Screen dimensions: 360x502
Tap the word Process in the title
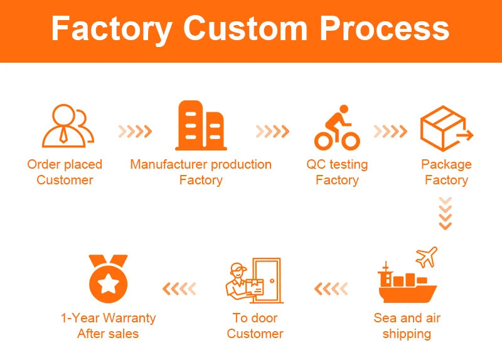click(385, 29)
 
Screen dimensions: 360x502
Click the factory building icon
click(201, 125)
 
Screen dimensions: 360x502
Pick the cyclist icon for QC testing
click(337, 128)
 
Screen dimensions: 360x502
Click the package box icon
click(444, 129)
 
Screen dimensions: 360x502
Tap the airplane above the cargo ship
click(426, 257)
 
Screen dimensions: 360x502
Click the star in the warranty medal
click(108, 283)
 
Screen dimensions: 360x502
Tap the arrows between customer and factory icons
click(135, 132)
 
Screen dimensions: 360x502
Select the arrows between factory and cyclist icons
click(272, 132)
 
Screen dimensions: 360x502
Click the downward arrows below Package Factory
click(445, 213)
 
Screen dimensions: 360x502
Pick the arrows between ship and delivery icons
click(331, 289)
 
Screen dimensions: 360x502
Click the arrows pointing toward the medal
click(179, 289)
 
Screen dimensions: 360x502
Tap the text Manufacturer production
click(201, 165)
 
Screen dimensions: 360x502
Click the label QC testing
click(337, 165)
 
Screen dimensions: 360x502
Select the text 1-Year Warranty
click(108, 318)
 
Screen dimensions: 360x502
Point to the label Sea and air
click(407, 318)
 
